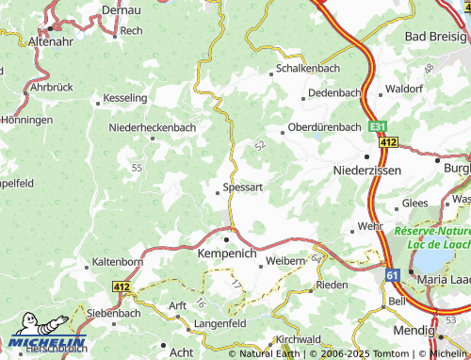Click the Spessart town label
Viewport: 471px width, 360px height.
tap(242, 188)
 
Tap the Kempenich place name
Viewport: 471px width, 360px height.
tap(227, 254)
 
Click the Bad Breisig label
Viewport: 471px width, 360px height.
tap(434, 36)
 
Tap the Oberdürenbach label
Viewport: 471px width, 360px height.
tap(324, 127)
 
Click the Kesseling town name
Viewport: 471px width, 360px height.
tap(125, 98)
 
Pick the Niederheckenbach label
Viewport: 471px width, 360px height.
tap(153, 126)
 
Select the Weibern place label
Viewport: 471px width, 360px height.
tap(286, 260)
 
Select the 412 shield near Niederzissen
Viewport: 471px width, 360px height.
tap(388, 141)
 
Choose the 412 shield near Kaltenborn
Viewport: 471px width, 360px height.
tap(122, 285)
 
